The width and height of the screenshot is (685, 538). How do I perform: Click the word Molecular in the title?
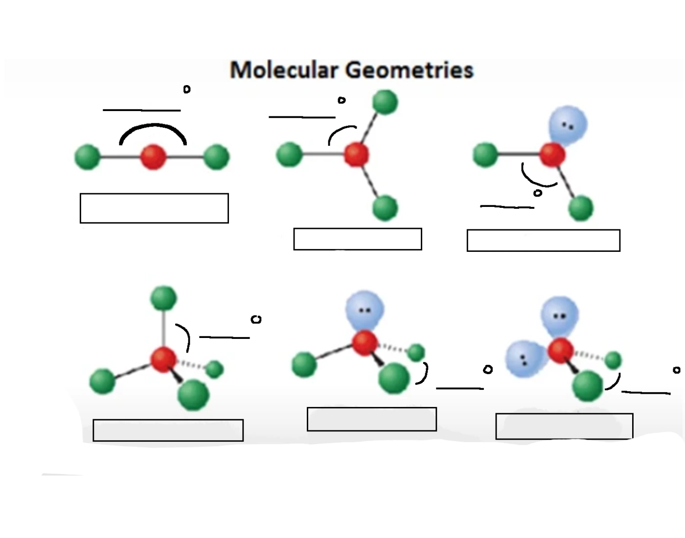click(x=284, y=70)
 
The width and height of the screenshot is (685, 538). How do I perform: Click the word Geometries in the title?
click(x=410, y=70)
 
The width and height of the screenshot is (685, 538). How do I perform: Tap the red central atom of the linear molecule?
click(x=153, y=157)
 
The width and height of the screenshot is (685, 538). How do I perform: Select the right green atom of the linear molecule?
click(x=216, y=157)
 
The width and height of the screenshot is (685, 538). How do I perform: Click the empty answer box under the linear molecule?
click(x=154, y=208)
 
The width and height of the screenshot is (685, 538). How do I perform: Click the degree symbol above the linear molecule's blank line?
click(x=187, y=90)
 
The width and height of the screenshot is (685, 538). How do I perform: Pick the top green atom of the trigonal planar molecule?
click(x=385, y=102)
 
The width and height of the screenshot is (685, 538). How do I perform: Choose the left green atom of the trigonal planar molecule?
click(x=290, y=155)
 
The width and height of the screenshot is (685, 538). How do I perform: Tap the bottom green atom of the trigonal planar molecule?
click(x=385, y=207)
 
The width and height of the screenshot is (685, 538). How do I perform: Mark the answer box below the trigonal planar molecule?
click(x=358, y=239)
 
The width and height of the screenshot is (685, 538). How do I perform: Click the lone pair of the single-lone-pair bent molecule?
click(x=568, y=125)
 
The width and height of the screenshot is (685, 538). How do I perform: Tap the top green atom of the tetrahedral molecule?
click(x=163, y=298)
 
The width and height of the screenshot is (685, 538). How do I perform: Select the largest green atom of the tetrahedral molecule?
click(x=194, y=395)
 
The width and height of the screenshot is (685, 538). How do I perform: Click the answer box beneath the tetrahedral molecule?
click(x=168, y=430)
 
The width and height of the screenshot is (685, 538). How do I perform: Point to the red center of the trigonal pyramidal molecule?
click(x=365, y=342)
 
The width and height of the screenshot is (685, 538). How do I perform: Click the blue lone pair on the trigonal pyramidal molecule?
click(x=365, y=310)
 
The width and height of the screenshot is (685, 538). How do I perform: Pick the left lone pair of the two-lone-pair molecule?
click(x=525, y=359)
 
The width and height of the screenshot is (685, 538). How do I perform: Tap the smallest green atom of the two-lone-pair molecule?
click(x=613, y=360)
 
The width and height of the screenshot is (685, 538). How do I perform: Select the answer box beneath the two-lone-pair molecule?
click(x=564, y=426)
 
